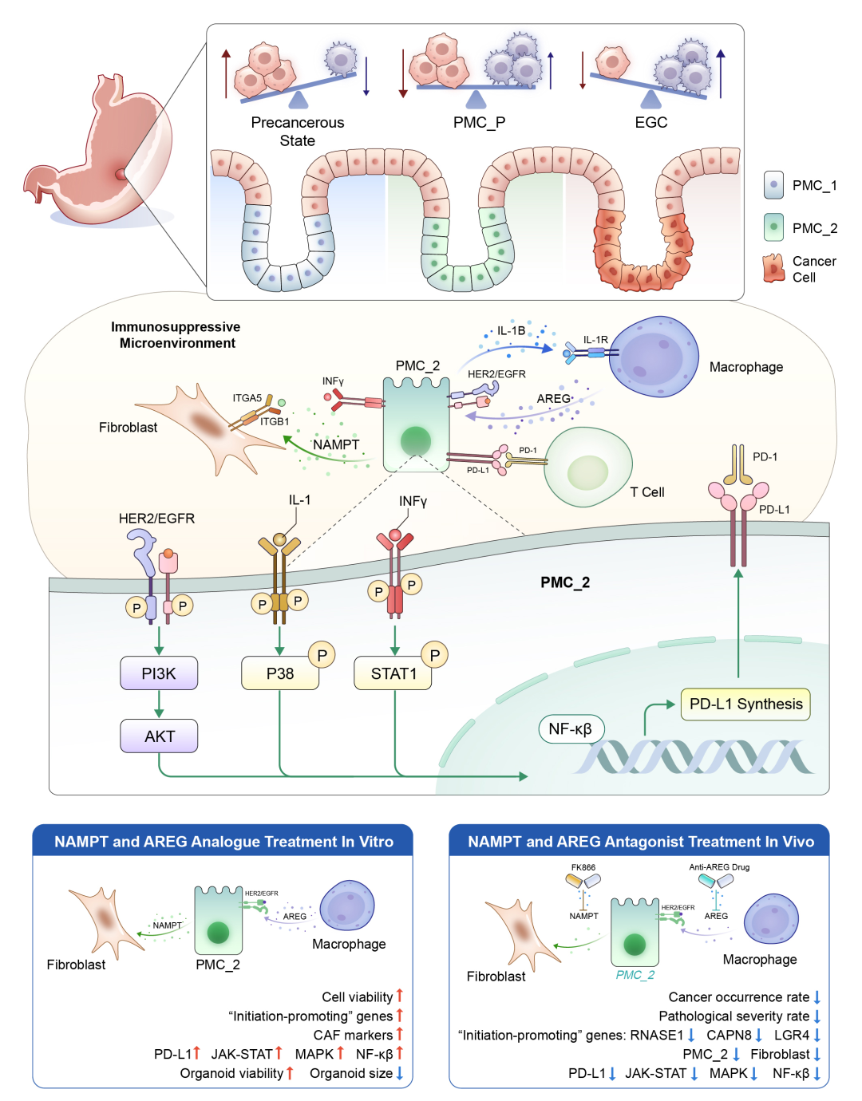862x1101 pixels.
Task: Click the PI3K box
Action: [159, 673]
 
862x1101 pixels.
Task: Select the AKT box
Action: [159, 736]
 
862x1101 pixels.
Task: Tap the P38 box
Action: [280, 673]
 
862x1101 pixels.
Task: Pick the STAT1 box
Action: [393, 673]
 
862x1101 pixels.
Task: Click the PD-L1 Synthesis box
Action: [745, 704]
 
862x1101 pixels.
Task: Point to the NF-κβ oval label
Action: [570, 728]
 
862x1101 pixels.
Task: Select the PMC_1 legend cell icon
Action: [773, 185]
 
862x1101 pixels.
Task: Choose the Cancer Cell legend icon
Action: [773, 269]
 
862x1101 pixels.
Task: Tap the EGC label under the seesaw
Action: [651, 122]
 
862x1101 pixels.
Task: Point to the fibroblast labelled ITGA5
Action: [200, 427]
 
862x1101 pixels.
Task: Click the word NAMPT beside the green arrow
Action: [336, 444]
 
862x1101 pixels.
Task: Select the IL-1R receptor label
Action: [595, 340]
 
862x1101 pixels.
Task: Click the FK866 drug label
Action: [583, 867]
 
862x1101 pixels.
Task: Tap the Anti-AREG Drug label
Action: [719, 867]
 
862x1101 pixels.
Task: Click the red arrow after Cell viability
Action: [400, 996]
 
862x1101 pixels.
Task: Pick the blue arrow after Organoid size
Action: [400, 1073]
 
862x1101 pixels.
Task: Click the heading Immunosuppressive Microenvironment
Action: [176, 335]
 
